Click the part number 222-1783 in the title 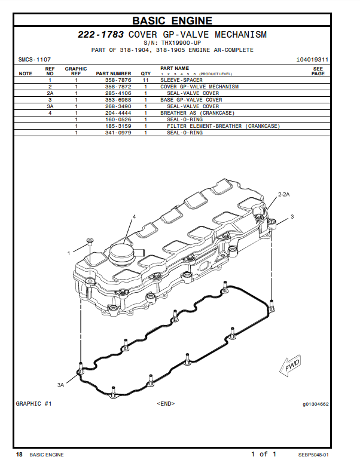101,35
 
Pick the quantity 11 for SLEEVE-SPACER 145,80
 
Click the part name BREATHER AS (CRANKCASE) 197,113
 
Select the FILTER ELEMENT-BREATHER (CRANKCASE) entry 223,126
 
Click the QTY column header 145,73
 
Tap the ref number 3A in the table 50,106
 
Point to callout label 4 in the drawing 134,216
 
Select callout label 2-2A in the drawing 283,194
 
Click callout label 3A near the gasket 60,385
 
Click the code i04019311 312,60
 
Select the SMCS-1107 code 35,60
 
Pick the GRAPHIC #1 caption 34,404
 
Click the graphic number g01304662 315,404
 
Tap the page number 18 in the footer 19,455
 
